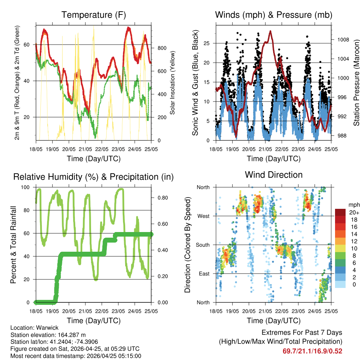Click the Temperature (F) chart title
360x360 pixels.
[x=94, y=15]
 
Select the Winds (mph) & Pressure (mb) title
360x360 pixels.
[x=274, y=15]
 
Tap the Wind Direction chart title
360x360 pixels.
[x=274, y=174]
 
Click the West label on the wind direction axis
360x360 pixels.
[x=204, y=216]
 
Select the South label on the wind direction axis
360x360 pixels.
[x=203, y=245]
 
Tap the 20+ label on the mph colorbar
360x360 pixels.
[x=353, y=212]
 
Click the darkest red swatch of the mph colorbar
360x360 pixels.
[x=340, y=212]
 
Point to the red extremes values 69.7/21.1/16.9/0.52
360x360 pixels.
[x=312, y=351]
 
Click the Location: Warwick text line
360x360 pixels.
[x=30, y=327]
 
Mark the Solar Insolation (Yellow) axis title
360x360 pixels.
[x=172, y=83]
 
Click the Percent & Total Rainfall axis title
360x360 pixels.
[x=13, y=245]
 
